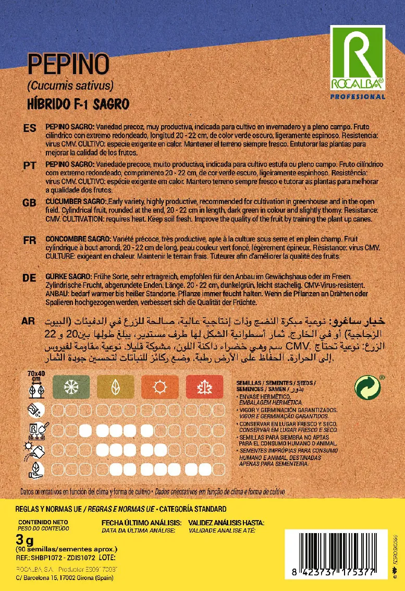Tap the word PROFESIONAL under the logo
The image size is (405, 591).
tap(358, 97)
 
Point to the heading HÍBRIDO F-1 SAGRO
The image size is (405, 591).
tap(78, 104)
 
